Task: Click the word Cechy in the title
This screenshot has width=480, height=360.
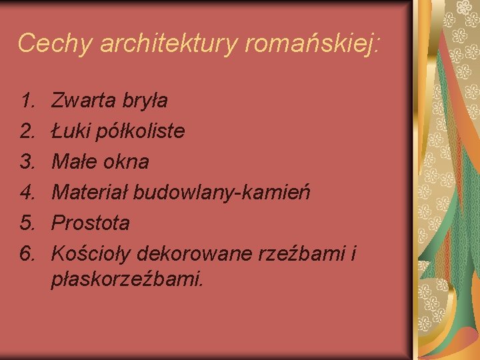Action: pos(54,43)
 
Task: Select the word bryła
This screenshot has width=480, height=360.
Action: pos(145,101)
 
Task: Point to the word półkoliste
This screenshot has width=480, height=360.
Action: pos(141,131)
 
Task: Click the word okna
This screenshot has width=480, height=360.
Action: pos(126,162)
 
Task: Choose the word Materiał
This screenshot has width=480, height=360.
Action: pos(91,193)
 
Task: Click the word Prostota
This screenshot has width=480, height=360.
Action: pos(91,223)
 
